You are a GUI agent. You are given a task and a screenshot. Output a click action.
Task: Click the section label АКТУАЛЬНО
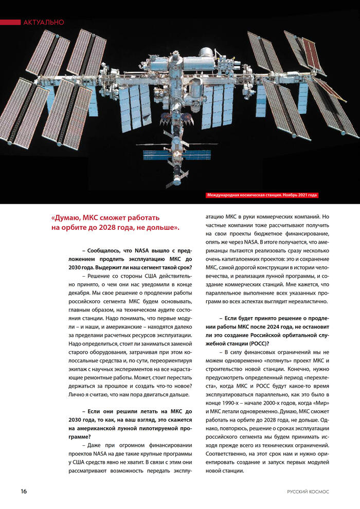point(44,22)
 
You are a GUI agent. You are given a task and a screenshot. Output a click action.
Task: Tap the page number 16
point(24,491)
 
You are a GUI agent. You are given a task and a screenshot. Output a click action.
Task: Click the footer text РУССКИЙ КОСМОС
point(308,492)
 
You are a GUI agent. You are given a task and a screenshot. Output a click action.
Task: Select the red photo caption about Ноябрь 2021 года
point(262,195)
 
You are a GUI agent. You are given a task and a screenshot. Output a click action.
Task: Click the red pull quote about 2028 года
point(115,222)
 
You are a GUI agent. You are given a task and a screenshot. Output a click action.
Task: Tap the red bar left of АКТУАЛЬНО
point(10,22)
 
